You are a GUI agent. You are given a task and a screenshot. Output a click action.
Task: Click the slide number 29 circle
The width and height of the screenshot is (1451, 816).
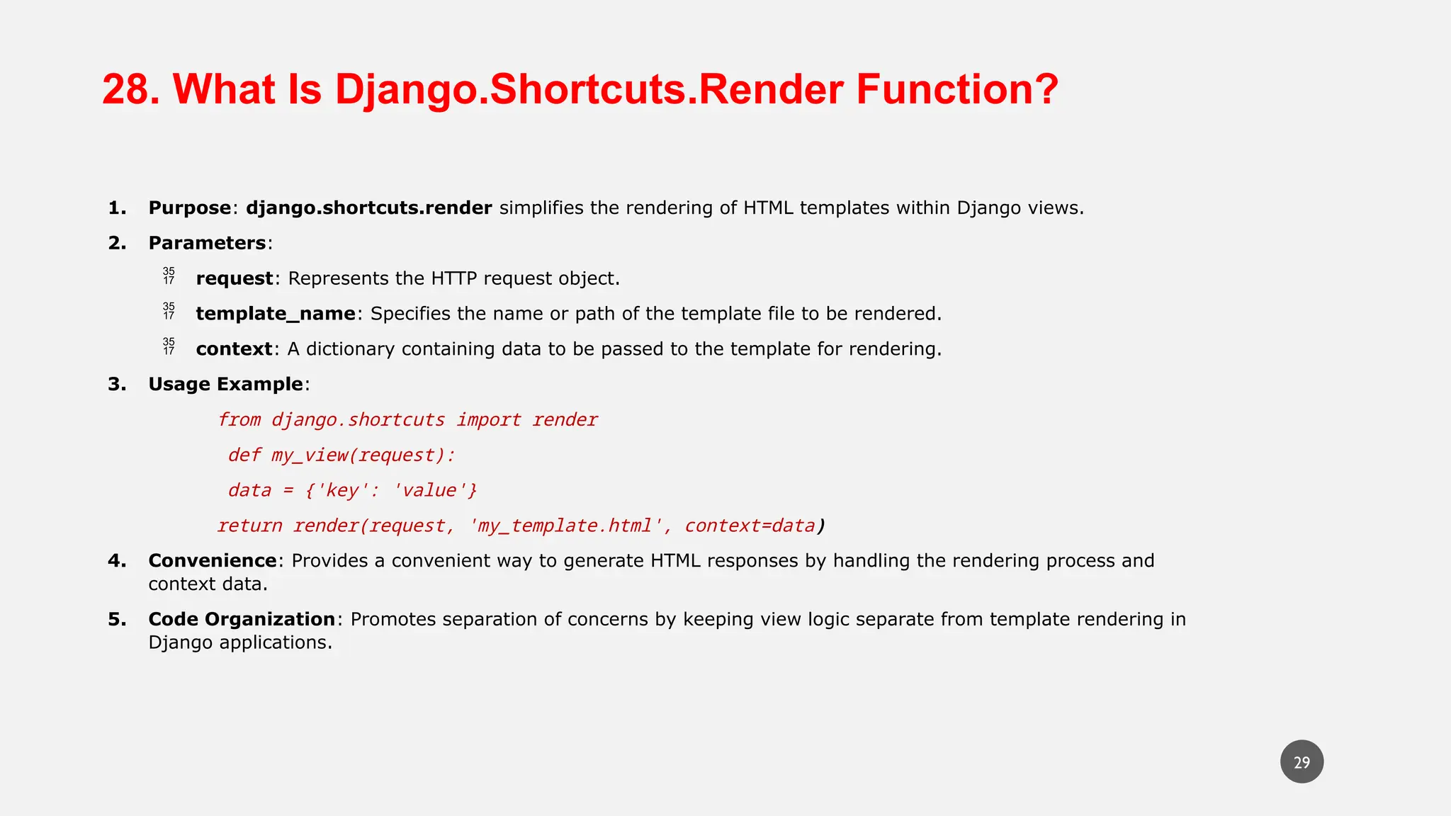coord(1302,762)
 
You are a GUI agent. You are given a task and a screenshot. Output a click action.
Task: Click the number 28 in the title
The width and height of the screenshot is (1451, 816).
coord(130,90)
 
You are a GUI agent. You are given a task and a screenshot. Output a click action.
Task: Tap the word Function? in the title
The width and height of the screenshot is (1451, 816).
coord(956,90)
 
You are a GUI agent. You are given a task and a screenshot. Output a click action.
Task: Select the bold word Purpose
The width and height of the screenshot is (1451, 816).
coord(189,208)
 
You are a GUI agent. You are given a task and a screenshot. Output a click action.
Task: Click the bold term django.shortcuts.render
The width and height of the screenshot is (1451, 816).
coord(368,208)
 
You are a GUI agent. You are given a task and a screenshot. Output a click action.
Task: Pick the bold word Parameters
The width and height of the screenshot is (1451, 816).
coord(207,244)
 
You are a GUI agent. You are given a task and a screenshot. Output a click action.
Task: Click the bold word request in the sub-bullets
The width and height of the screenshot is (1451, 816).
coord(234,279)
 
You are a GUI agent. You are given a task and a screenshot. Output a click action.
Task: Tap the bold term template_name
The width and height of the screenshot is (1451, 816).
coord(276,314)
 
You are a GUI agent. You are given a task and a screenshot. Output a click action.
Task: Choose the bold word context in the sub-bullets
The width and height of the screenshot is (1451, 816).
coord(234,349)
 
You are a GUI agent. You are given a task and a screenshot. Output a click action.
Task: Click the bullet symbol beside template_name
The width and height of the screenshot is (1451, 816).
coord(169,311)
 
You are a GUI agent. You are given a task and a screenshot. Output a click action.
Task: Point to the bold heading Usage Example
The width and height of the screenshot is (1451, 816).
coord(225,385)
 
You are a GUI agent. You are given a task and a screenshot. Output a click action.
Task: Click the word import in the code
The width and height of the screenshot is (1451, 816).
coord(488,420)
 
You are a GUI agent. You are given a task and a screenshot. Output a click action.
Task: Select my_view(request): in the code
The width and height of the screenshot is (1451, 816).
coord(363,455)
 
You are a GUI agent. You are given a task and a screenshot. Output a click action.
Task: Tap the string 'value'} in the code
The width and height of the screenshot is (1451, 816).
coord(434,491)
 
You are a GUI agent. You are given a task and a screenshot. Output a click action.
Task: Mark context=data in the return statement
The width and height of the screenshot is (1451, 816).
coord(750,526)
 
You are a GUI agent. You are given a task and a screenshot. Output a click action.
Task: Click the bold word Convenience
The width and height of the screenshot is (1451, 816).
coord(212,561)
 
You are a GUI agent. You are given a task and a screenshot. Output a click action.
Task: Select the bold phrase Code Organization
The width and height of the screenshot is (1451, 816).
coord(241,620)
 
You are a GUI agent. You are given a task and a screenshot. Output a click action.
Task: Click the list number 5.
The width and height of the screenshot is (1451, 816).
coord(116,620)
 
